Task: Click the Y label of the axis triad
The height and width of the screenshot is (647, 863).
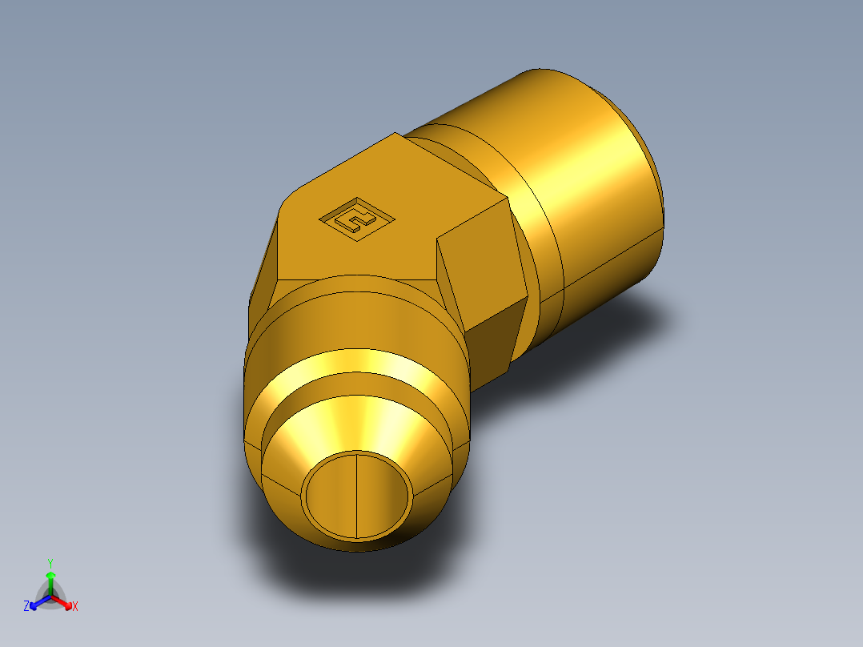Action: point(50,563)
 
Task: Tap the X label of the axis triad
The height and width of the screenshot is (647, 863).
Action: point(75,606)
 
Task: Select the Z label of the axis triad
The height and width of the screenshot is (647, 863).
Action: point(26,606)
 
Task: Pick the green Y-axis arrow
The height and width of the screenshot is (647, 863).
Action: point(50,580)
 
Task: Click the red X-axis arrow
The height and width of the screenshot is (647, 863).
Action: point(64,601)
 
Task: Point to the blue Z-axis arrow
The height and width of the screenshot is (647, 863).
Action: point(37,602)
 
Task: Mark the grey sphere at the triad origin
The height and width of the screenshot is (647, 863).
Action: point(50,597)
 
